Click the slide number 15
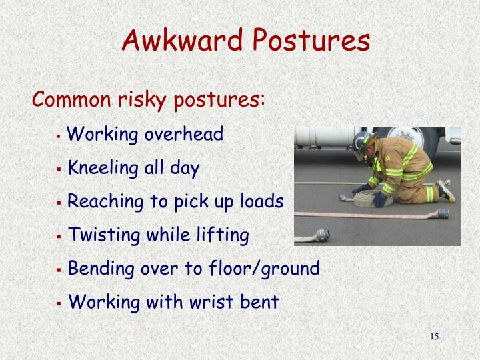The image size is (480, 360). click(x=434, y=336)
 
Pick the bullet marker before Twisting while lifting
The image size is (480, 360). click(x=59, y=237)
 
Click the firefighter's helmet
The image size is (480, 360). click(x=364, y=141)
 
